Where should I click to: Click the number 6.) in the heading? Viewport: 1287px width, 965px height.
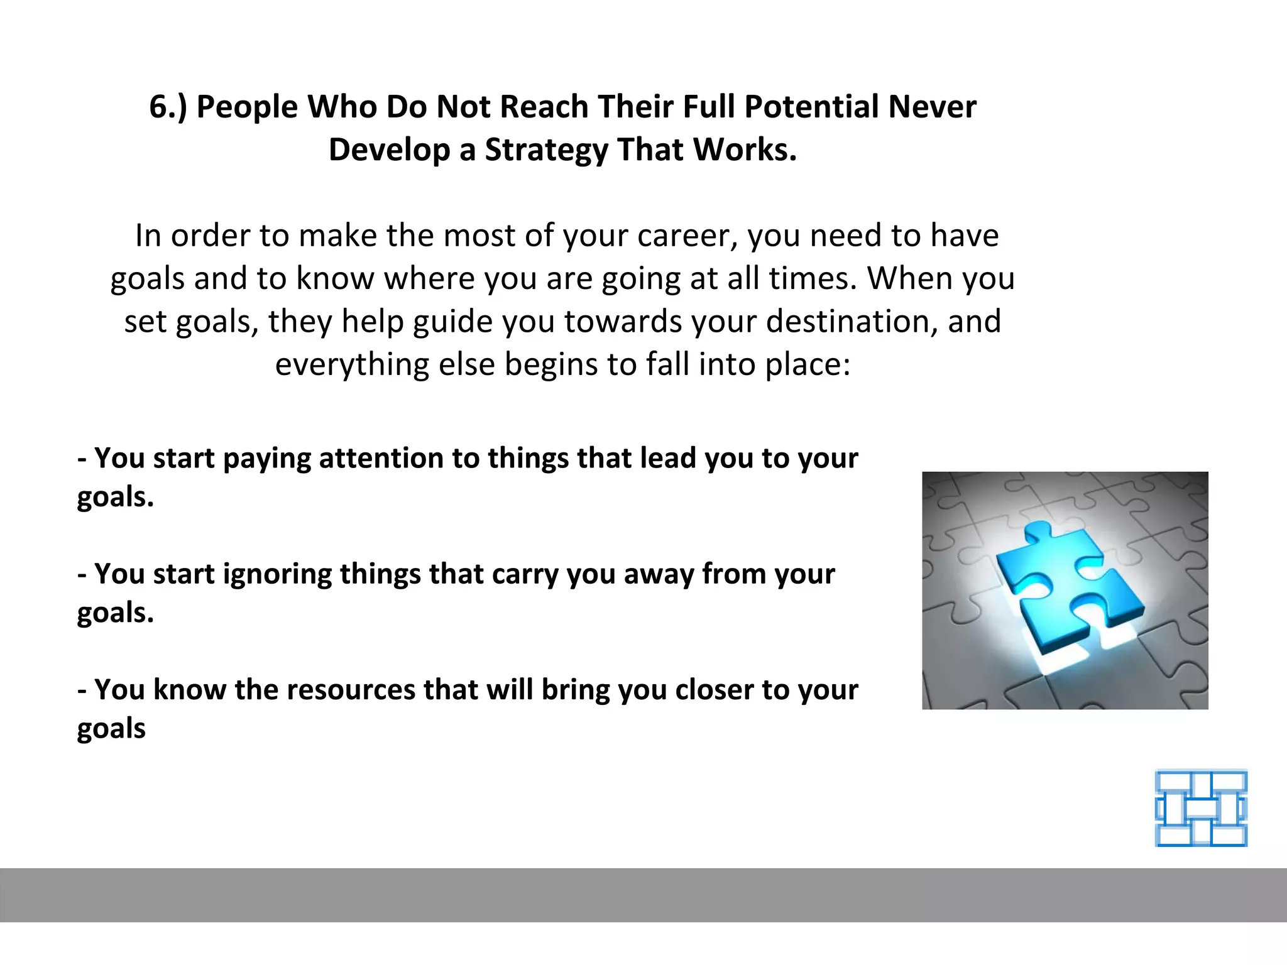pos(168,107)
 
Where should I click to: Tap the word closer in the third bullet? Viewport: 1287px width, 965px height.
pos(714,690)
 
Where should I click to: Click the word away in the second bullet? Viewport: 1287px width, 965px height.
pos(659,574)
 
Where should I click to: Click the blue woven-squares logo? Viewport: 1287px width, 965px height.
pos(1201,808)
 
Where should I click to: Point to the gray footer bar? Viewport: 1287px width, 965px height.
pos(643,895)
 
